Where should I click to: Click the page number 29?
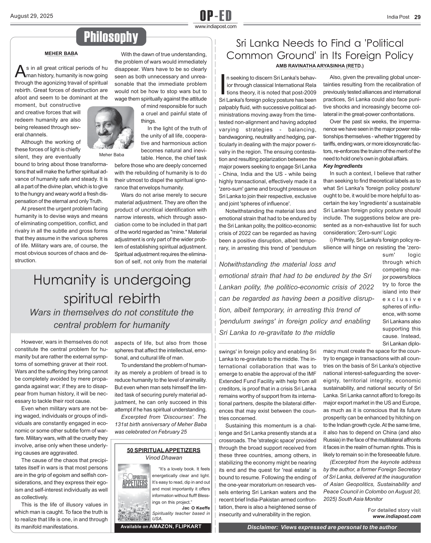tap(417, 17)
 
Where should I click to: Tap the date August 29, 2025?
tap(31, 16)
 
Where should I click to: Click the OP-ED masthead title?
tap(216, 16)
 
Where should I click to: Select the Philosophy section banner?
tap(111, 37)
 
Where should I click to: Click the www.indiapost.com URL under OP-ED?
tap(216, 27)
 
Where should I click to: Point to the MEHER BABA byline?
tap(61, 54)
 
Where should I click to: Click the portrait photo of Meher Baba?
tap(111, 128)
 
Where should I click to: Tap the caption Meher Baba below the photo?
tap(111, 155)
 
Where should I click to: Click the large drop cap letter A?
tap(20, 72)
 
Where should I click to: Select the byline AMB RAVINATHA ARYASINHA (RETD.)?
tap(319, 66)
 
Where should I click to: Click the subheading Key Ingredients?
tap(343, 166)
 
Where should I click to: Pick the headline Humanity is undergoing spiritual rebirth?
tap(112, 289)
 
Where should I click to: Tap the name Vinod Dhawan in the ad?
tap(164, 457)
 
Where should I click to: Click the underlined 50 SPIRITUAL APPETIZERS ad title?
tap(163, 450)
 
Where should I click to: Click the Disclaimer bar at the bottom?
tap(319, 527)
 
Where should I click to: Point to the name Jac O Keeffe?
tap(196, 508)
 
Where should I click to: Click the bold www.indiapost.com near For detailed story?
tap(397, 516)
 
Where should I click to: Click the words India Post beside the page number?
tap(398, 17)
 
